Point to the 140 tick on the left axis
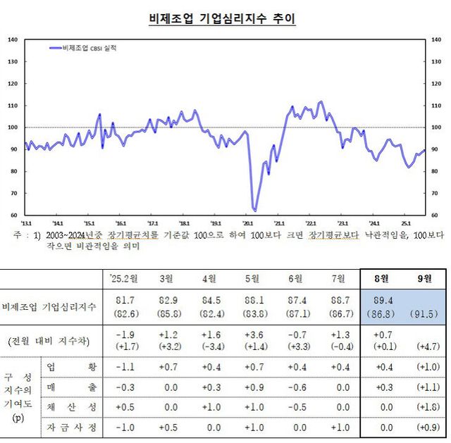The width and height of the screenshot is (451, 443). [12, 39]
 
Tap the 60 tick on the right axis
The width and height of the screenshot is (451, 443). [434, 216]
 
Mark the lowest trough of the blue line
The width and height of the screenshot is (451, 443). [254, 210]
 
